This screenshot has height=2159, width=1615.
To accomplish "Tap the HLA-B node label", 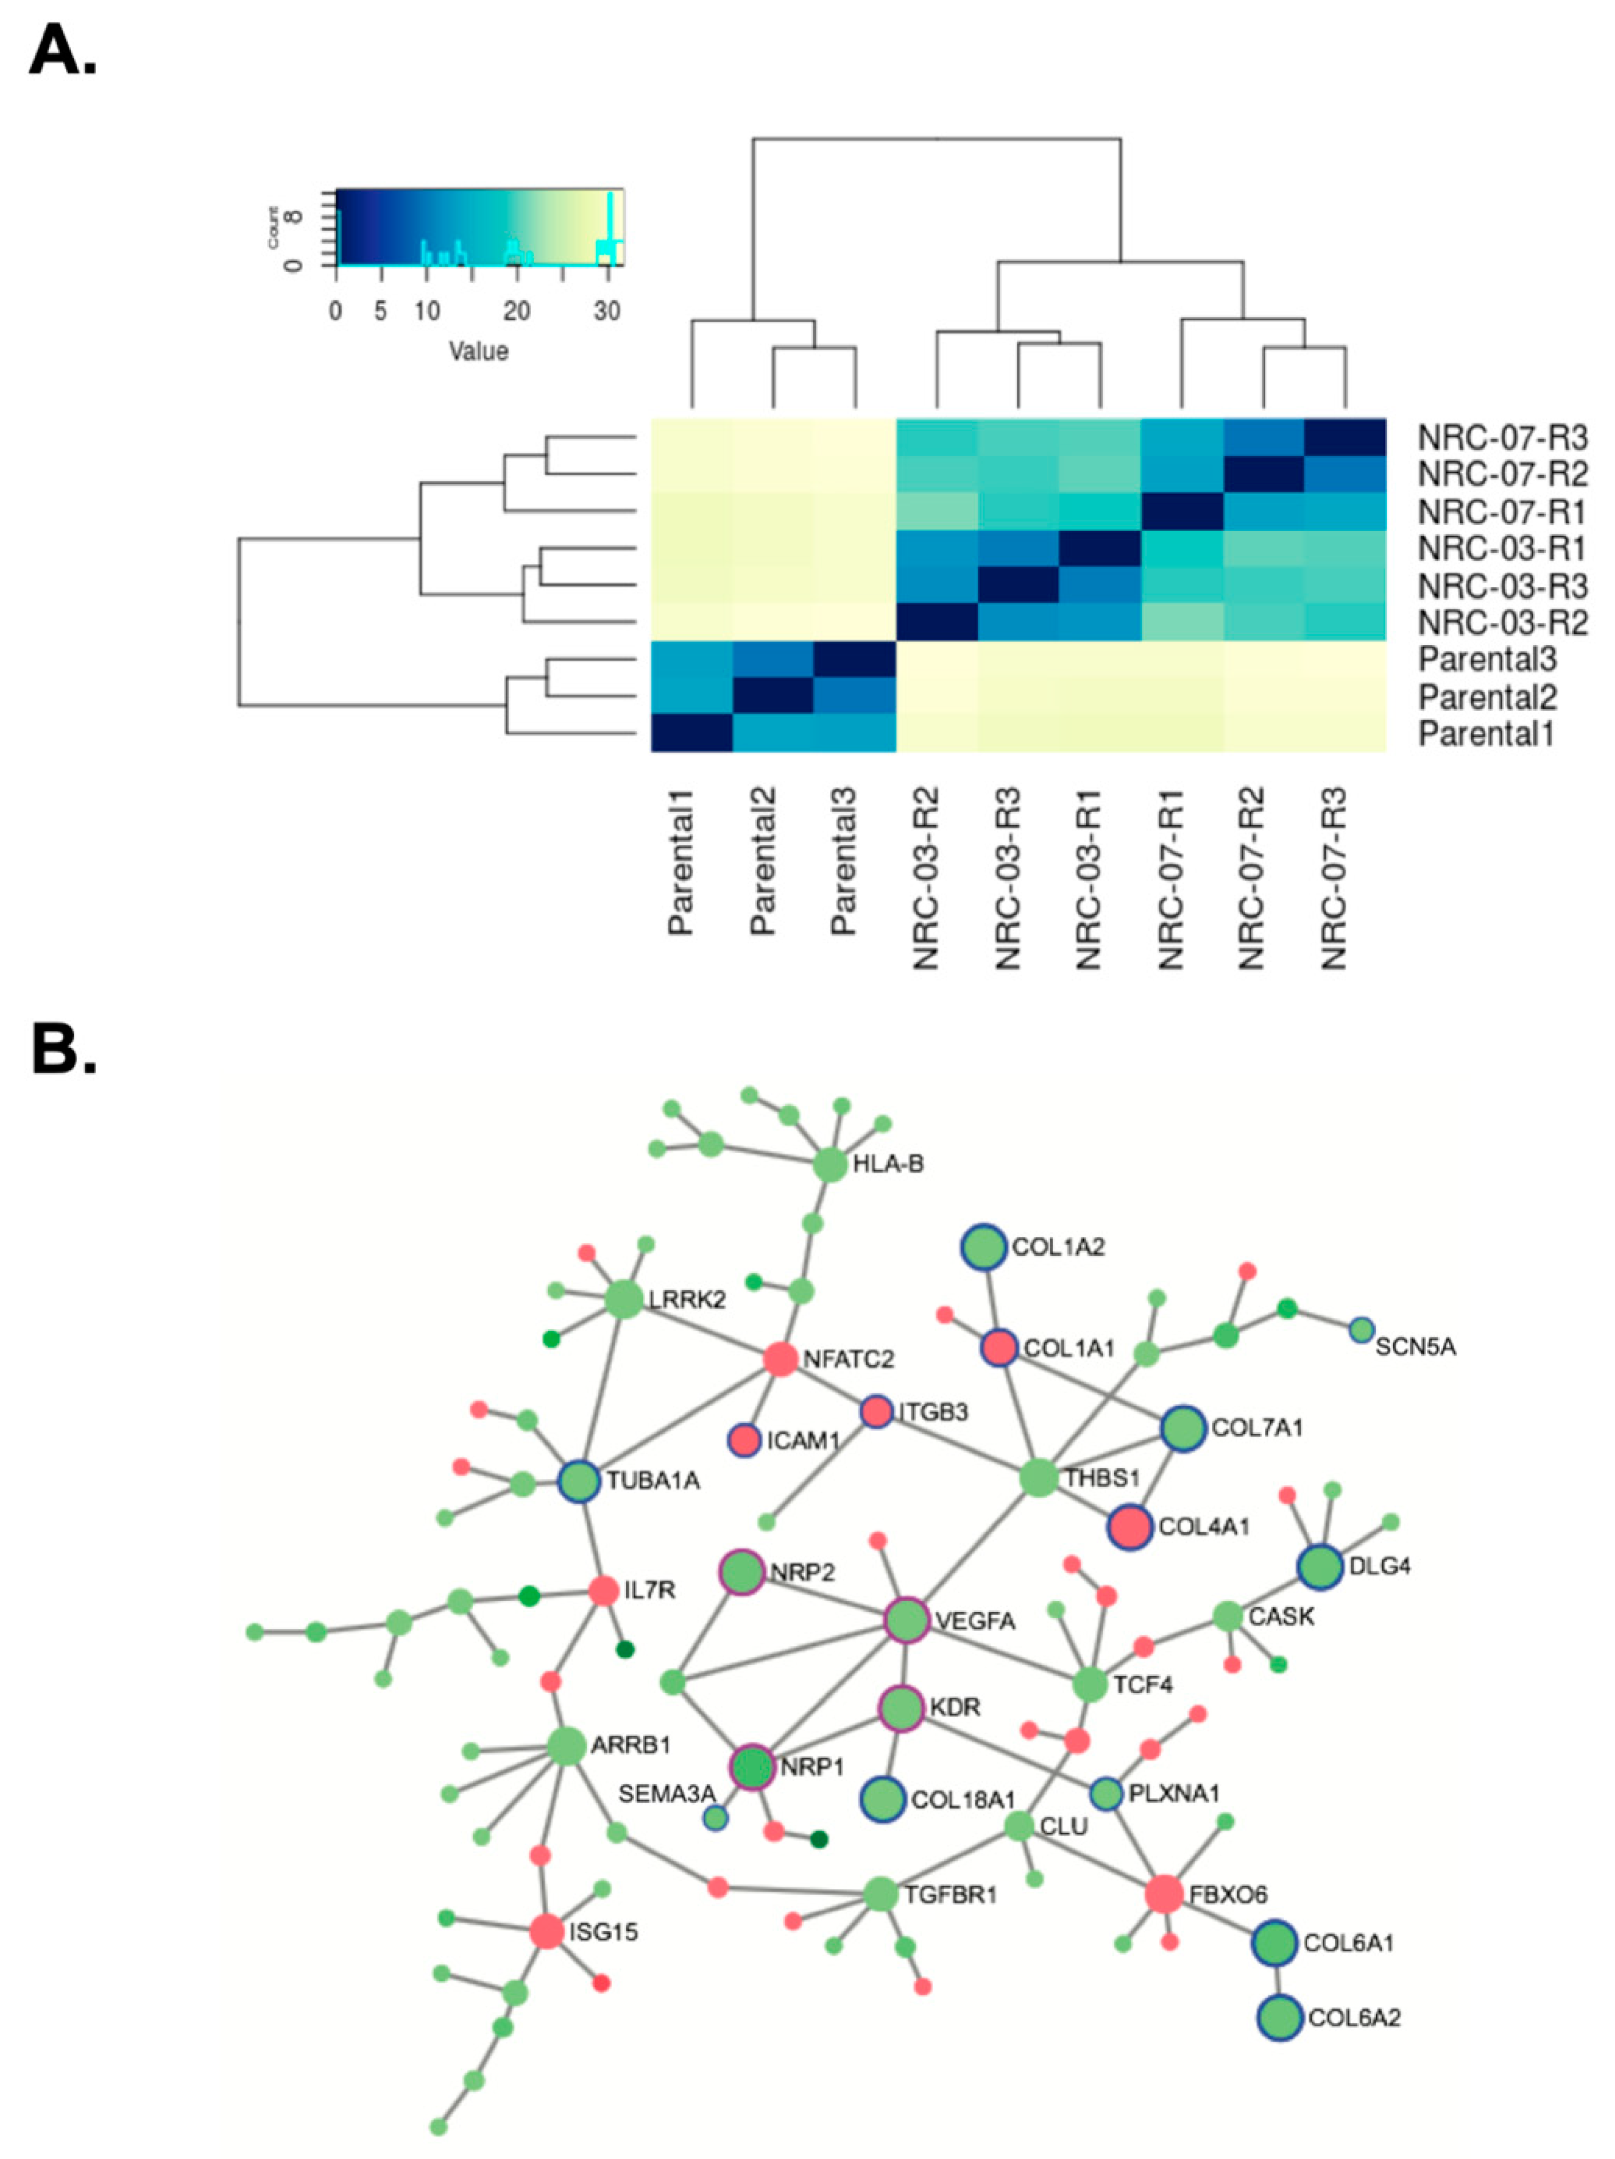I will click(x=887, y=1164).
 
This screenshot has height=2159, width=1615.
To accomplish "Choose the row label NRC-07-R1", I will click(x=1502, y=512).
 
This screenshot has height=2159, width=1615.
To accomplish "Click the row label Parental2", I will click(x=1487, y=697).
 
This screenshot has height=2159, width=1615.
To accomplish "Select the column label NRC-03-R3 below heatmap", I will click(x=1008, y=879).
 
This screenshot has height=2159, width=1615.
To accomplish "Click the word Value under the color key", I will click(x=478, y=351).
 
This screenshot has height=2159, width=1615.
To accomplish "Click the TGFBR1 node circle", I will click(x=880, y=1895).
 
